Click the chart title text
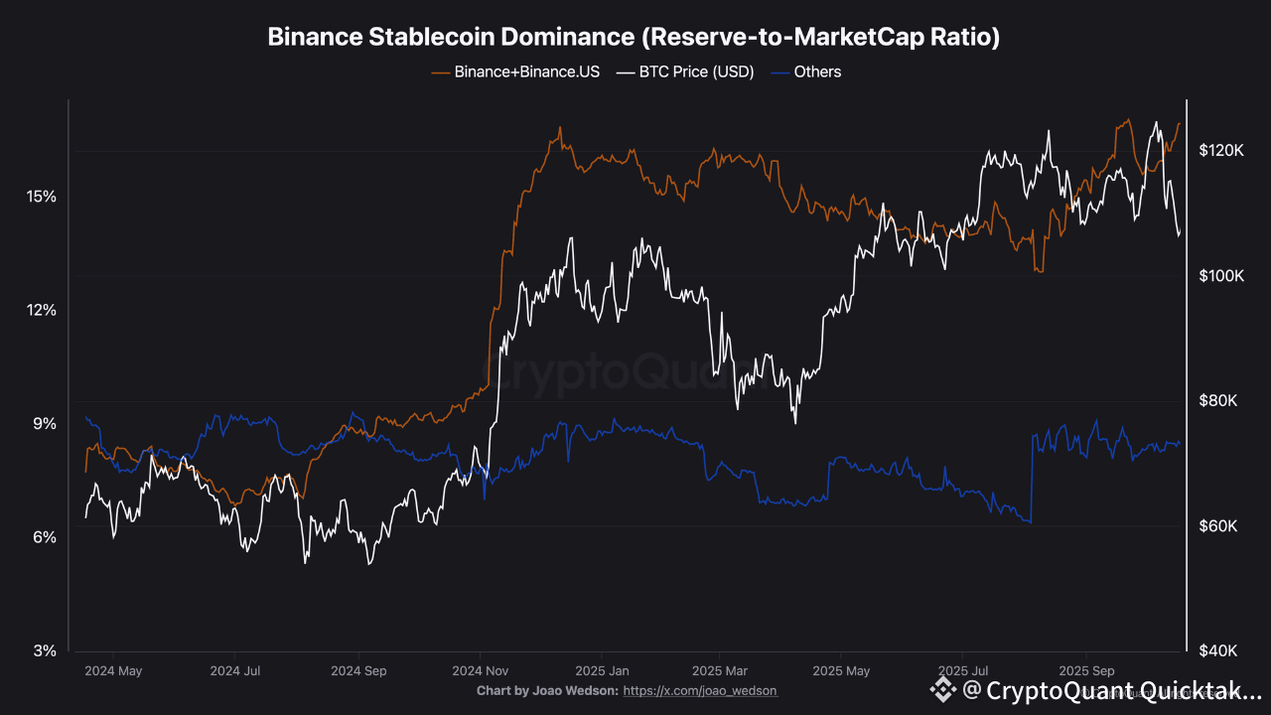635,38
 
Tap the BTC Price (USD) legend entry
685,71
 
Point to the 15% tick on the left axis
41,197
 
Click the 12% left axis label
41,310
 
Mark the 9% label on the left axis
45,424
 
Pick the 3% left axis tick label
45,650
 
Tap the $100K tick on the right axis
1220,275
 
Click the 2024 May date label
113,670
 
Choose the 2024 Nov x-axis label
481,670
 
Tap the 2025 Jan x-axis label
601,670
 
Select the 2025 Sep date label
1087,670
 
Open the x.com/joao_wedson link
699,690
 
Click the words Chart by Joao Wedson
547,690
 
